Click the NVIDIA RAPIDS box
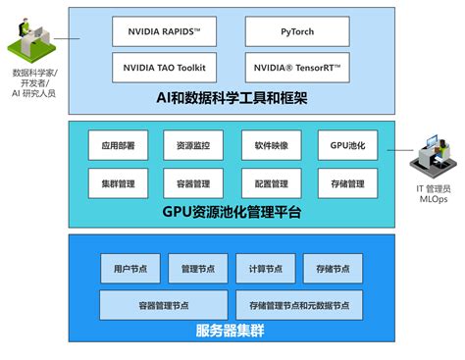(164, 32)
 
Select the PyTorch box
(296, 32)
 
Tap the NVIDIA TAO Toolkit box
(164, 68)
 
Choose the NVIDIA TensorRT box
(296, 68)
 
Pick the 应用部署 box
(118, 144)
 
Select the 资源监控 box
(192, 144)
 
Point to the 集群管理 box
(118, 183)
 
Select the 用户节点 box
(129, 267)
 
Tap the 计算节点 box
(265, 267)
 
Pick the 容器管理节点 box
(163, 303)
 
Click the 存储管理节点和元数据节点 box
(298, 303)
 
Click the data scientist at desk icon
(32, 39)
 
